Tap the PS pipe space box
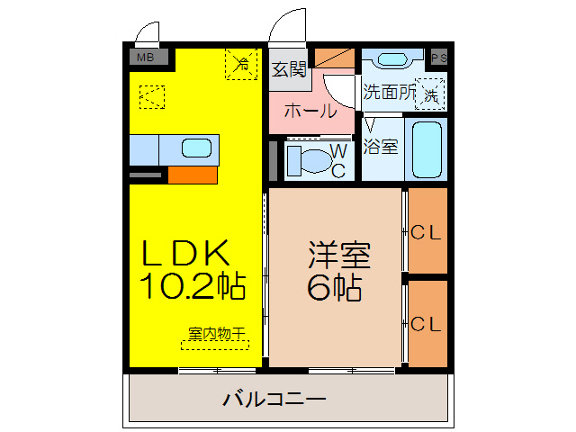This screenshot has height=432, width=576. click(x=439, y=58)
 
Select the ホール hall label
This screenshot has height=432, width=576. click(x=310, y=112)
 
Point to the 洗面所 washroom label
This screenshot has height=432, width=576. click(x=389, y=92)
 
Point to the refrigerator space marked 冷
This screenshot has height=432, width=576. click(x=241, y=64)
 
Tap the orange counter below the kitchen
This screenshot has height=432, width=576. click(x=192, y=175)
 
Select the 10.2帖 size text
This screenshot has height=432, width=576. click(x=192, y=286)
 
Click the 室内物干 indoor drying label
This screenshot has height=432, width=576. click(x=217, y=334)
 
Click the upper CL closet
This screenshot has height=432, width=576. click(x=427, y=232)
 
